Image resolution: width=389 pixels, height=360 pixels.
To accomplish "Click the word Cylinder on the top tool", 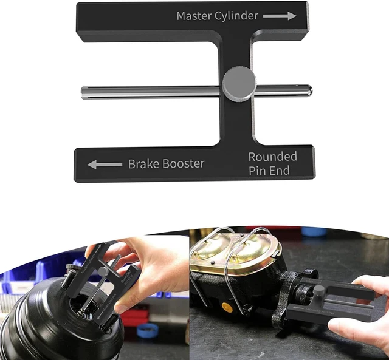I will [237, 16].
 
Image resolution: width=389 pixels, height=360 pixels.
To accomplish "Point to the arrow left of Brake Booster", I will [105, 164].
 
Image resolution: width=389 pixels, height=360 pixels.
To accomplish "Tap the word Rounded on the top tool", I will [272, 157].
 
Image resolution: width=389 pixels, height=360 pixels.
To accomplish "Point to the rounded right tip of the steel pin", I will [309, 90].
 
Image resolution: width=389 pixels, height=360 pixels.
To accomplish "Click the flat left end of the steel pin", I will [83, 92].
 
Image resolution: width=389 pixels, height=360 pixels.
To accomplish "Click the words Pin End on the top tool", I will [269, 171].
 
